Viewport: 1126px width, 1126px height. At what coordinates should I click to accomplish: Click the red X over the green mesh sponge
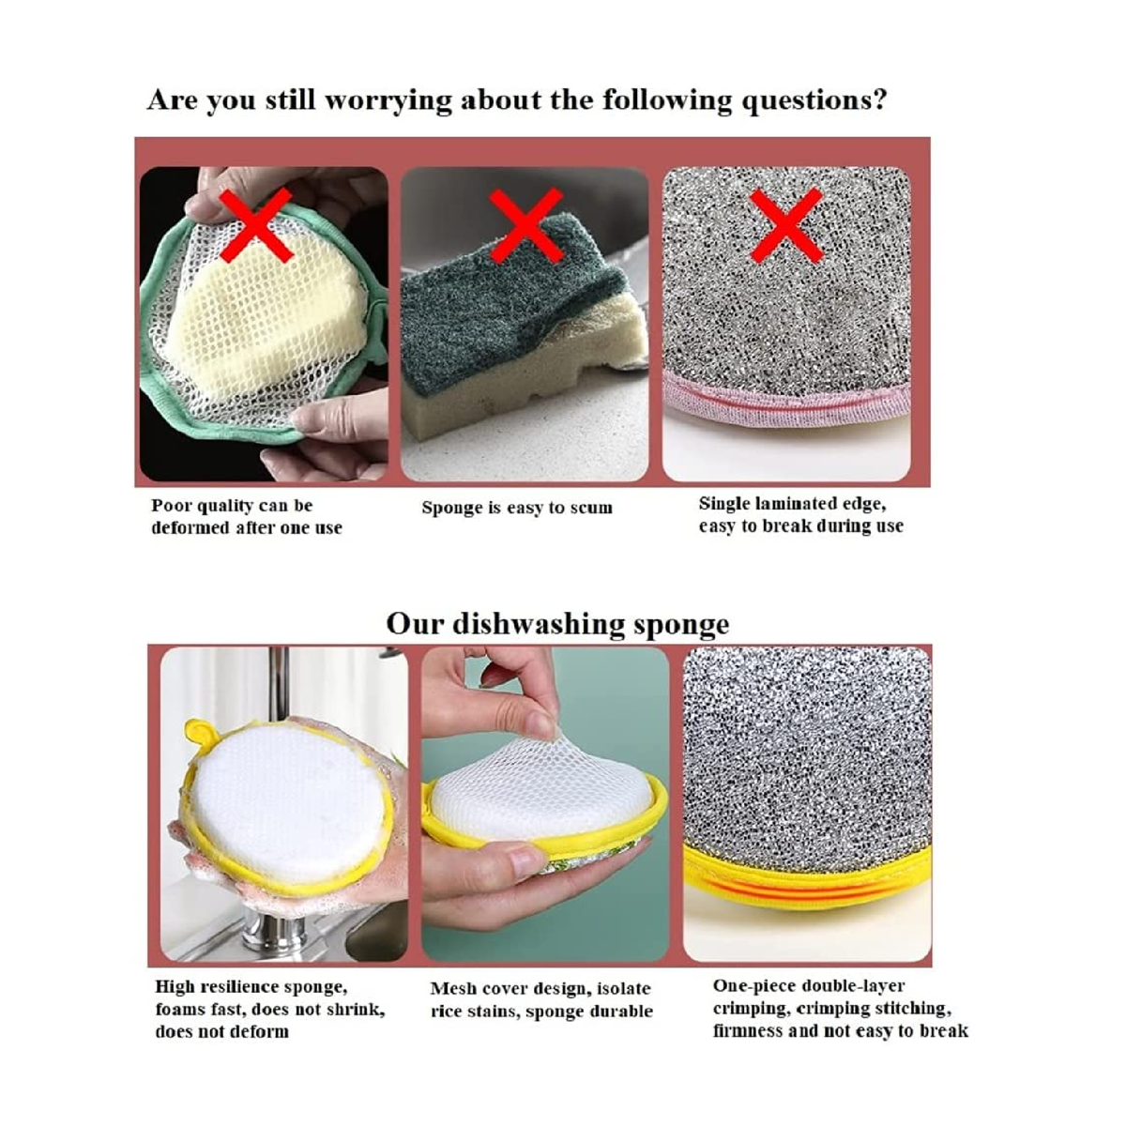(x=256, y=225)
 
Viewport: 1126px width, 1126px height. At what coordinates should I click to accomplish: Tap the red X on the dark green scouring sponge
(x=525, y=225)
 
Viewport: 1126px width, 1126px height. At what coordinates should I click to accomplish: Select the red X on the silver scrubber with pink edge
(x=786, y=225)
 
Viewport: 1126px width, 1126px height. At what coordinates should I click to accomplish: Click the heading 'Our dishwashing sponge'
(x=557, y=624)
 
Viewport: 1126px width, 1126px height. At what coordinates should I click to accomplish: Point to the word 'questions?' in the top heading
(x=814, y=100)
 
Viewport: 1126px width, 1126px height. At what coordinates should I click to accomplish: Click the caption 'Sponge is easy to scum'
(x=517, y=508)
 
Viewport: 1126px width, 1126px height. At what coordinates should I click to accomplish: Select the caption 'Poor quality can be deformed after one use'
(x=247, y=516)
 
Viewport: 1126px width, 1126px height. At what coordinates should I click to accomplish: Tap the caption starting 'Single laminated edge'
(x=801, y=514)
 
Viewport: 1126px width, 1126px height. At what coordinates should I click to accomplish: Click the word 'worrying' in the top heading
(x=388, y=100)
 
